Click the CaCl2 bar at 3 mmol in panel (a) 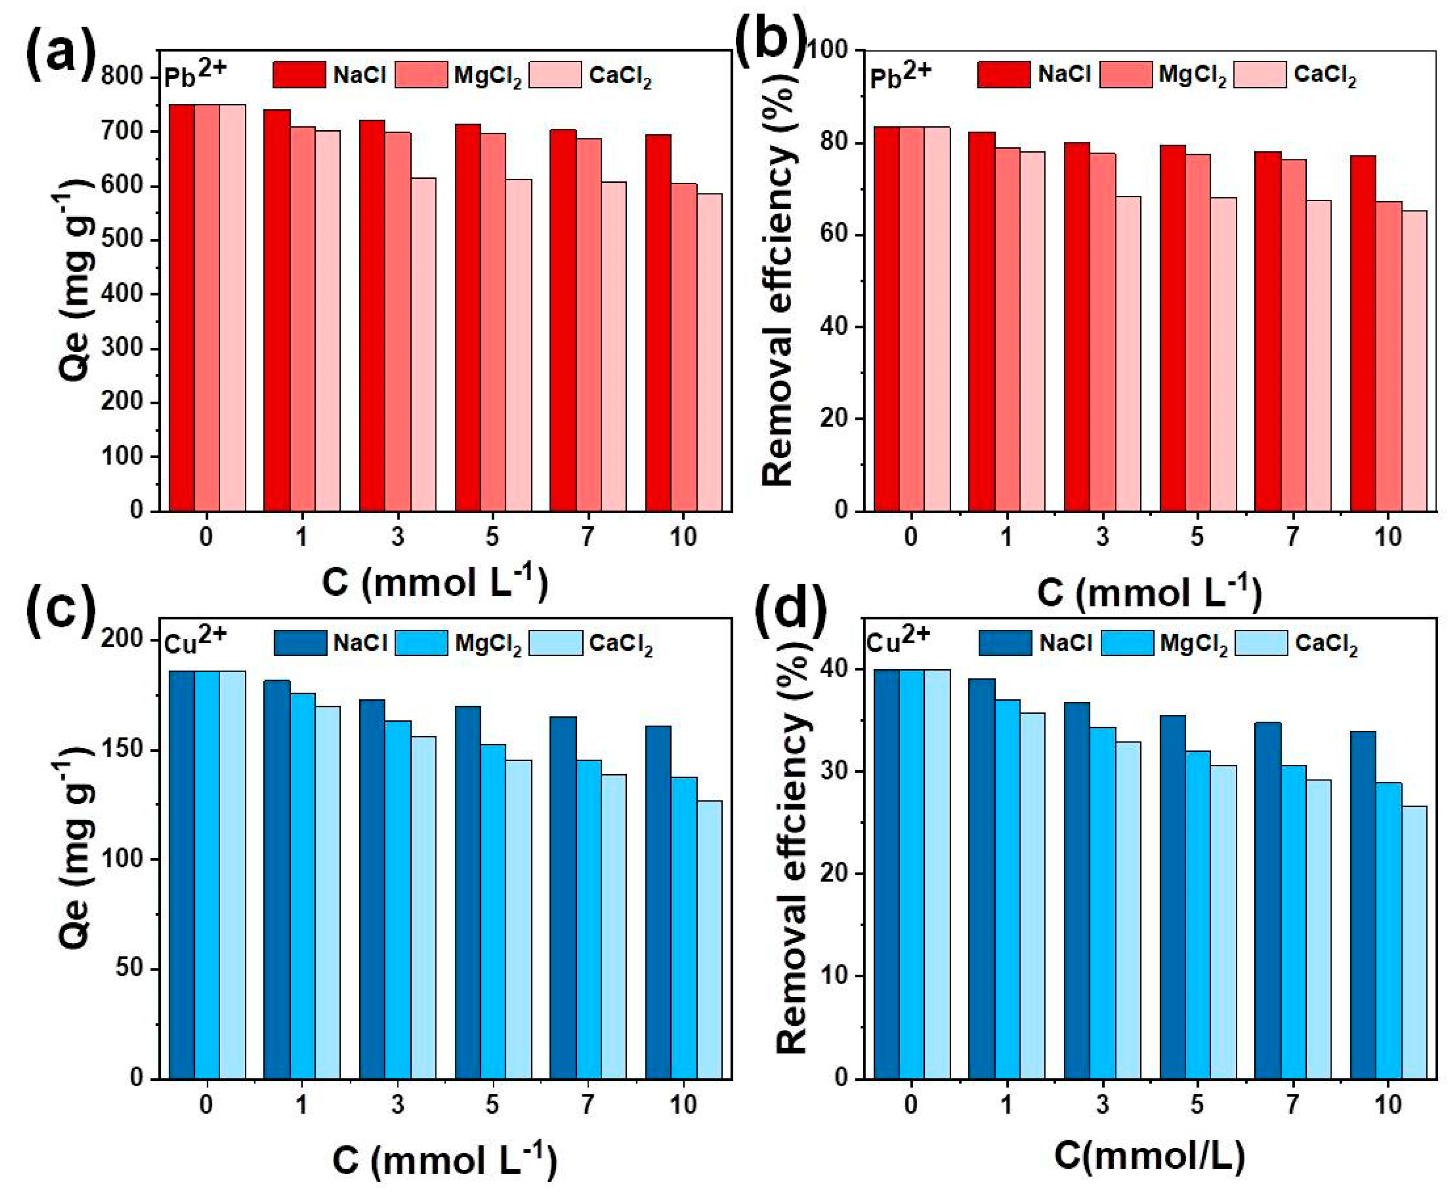click(x=423, y=344)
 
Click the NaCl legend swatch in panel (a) click(x=299, y=74)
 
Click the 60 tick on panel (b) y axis click(x=832, y=235)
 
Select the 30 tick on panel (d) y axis click(x=833, y=772)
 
